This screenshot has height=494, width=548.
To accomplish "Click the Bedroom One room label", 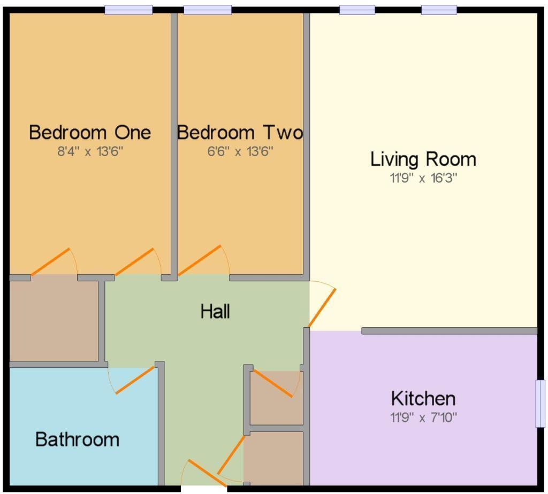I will [89, 132].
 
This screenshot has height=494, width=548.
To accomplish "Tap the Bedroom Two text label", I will [240, 132].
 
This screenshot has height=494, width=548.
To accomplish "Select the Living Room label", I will [423, 159].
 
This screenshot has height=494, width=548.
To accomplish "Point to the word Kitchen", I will [423, 398].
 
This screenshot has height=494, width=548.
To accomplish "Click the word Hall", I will [215, 311].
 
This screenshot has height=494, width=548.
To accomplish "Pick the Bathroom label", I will [77, 439].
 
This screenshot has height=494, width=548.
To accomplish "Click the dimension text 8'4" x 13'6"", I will [89, 151].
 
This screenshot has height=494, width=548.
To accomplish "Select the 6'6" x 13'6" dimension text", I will [240, 151].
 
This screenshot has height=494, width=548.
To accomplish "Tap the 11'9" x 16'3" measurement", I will [423, 178].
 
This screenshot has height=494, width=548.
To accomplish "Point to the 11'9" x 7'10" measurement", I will [423, 417].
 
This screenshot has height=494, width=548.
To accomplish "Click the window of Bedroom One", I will [128, 10].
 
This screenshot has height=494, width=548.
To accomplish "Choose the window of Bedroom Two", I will [208, 10].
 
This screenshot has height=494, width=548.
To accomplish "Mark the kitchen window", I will [541, 404].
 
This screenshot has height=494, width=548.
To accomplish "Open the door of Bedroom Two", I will [200, 260].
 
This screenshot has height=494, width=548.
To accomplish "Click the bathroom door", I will [135, 380].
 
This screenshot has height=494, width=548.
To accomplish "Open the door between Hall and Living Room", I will [322, 307].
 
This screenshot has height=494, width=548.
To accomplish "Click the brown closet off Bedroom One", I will [54, 319].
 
